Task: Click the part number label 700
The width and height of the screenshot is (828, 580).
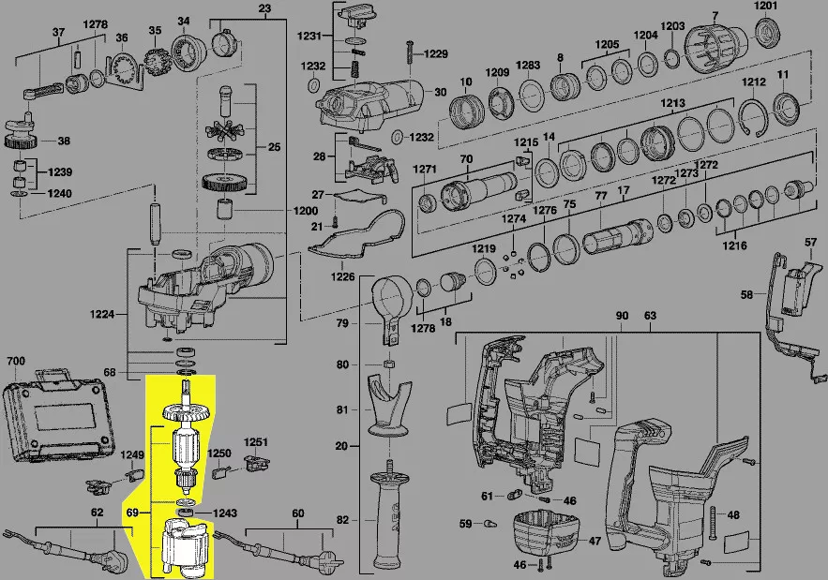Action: [x=16, y=361]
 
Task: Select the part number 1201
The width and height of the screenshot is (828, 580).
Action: [x=767, y=7]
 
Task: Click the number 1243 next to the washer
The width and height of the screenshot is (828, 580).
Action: [x=225, y=513]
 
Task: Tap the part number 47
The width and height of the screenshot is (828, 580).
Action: [x=595, y=541]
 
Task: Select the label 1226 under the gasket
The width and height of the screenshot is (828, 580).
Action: [x=342, y=276]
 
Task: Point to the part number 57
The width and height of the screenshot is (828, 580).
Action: [x=811, y=244]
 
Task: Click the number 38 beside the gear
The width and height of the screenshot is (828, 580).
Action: [x=64, y=141]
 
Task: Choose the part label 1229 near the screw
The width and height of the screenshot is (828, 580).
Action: [x=436, y=54]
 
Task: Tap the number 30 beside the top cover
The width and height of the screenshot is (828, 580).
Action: [x=440, y=92]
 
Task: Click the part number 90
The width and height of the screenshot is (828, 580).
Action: [x=621, y=316]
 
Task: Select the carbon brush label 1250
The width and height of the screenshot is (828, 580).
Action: [x=218, y=454]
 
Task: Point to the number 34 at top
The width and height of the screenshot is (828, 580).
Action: [x=183, y=21]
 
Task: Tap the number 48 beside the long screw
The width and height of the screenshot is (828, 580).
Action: [x=733, y=514]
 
